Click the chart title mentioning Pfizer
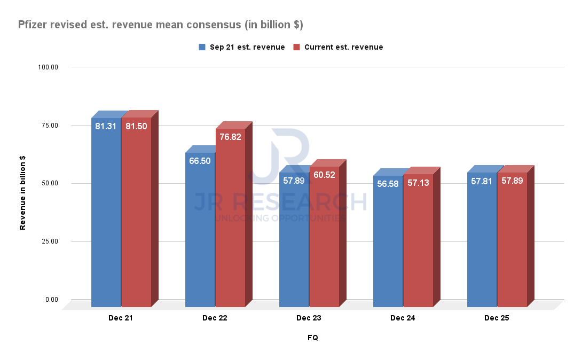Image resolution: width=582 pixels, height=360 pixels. pos(161,25)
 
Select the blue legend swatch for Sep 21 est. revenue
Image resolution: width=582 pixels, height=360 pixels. pos(202,47)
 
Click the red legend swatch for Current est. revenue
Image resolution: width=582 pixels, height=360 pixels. pos(296,47)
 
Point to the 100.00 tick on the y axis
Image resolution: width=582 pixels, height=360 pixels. pos(48,67)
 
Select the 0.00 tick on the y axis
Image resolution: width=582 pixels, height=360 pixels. pos(51,300)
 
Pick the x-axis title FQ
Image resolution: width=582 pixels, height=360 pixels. pos(313,338)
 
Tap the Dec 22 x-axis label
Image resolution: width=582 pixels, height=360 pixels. pos(215,318)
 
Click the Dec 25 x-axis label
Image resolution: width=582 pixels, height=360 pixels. pos(497,318)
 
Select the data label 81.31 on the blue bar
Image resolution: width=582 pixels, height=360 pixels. pos(106,127)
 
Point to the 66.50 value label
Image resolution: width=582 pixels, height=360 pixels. pos(200,161)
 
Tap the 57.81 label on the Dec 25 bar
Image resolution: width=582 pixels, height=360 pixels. pos(482,181)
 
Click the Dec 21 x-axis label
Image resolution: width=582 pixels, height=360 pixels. pos(121,318)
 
